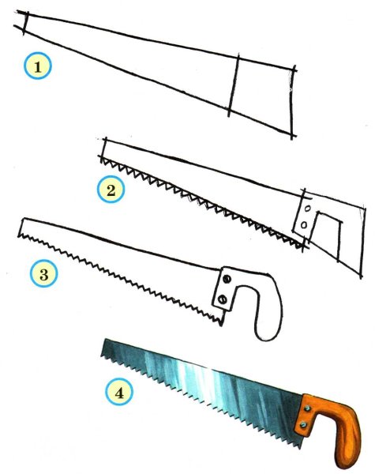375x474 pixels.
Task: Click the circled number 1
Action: (37, 66)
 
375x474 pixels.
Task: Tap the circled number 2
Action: (111, 190)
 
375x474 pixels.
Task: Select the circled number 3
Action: (43, 274)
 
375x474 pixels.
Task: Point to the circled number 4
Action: (119, 393)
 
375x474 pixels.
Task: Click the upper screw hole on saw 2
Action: (308, 209)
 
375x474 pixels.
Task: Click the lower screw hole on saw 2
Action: (304, 224)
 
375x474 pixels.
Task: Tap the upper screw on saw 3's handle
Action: (227, 280)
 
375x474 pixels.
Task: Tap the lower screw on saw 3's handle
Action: (223, 299)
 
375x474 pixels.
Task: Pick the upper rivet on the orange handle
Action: (308, 408)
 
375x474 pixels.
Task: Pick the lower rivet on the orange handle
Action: (303, 425)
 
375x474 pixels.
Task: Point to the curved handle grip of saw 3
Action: (269, 305)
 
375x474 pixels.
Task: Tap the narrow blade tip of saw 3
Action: (22, 228)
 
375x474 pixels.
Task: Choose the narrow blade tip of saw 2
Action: (103, 149)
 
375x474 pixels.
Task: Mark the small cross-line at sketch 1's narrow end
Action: (26, 23)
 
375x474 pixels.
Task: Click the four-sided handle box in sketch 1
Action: (262, 96)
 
